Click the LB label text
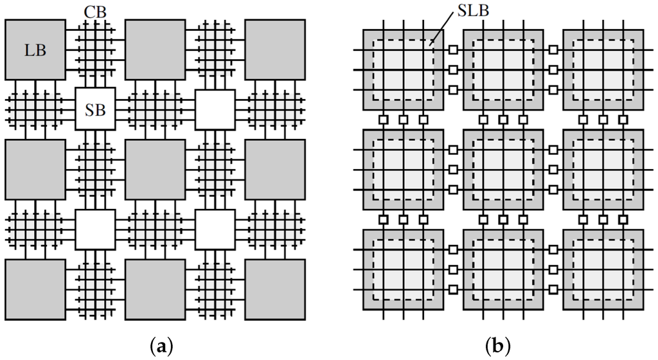[x=35, y=49]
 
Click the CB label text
[x=96, y=12]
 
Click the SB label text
[x=95, y=109]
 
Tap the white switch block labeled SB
[x=95, y=109]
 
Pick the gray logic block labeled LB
[x=35, y=50]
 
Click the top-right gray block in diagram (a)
[x=275, y=50]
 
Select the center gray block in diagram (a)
[x=155, y=170]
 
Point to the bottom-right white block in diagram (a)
[x=215, y=230]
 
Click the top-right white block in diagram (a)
[x=215, y=109]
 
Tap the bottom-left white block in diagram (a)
[x=95, y=230]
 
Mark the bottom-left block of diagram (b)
[x=403, y=270]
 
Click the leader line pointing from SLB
[x=443, y=32]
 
